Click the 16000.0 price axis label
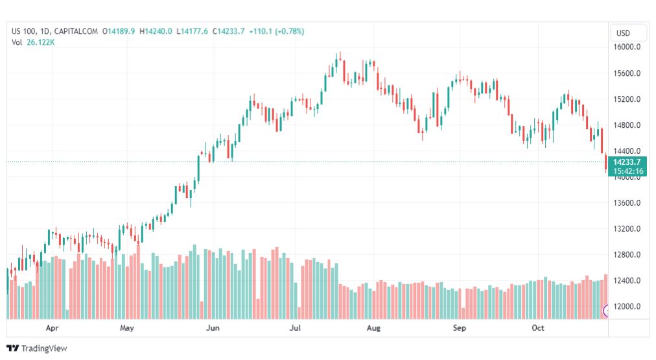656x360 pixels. point(627,47)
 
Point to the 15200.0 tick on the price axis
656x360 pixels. point(627,99)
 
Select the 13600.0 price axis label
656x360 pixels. point(627,203)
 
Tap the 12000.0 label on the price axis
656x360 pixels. point(627,307)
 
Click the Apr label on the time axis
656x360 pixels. point(53,328)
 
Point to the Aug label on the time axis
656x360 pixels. point(373,328)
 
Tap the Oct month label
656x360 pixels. point(537,328)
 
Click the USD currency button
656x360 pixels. point(623,33)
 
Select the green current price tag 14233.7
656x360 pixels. point(627,162)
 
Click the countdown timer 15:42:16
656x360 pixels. point(627,171)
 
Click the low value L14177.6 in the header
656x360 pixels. point(195,31)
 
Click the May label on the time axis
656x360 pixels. point(127,328)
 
